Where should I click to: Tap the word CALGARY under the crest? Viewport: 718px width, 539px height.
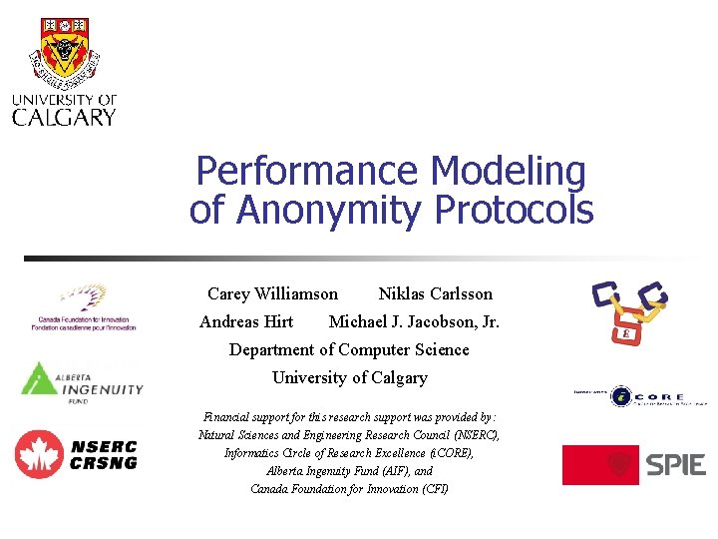(x=64, y=117)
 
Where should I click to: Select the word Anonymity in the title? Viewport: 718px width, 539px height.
(x=328, y=211)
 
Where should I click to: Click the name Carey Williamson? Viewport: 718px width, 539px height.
(x=272, y=293)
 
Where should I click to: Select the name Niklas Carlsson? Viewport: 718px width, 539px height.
(x=435, y=293)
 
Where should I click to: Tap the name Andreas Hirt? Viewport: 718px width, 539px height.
(x=246, y=321)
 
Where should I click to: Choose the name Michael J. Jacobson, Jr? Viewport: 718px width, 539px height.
(x=414, y=321)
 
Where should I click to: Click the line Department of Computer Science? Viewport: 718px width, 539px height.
(x=349, y=349)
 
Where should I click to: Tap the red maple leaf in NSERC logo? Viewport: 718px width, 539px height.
(x=39, y=454)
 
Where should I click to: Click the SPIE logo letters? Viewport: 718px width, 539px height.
(x=675, y=465)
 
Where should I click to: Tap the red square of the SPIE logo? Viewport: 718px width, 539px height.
(x=599, y=465)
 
